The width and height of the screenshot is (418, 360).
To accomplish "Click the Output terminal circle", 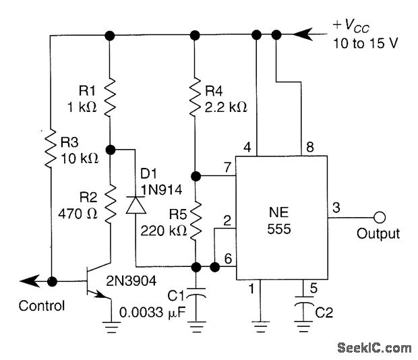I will tap(380, 217).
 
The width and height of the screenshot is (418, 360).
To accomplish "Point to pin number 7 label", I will tap(227, 166).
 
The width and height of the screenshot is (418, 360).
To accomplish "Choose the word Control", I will tap(41, 305).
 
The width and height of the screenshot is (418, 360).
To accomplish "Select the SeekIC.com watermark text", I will tap(376, 348).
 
